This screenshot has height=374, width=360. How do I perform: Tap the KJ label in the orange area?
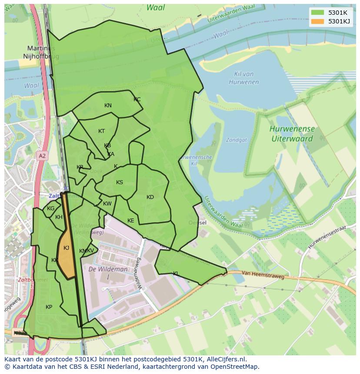67,248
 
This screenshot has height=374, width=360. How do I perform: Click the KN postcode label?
108,106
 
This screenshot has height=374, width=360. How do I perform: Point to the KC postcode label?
137,99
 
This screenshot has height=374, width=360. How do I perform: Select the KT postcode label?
102,131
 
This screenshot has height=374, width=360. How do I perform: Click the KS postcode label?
120,182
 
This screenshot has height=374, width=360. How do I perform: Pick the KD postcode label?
150,197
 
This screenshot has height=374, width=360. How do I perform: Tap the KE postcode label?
131,221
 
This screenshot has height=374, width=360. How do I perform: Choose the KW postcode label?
107,204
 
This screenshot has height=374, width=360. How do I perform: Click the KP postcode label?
49,307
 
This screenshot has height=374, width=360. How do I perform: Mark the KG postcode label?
51,209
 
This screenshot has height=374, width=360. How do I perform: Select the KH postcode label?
59,217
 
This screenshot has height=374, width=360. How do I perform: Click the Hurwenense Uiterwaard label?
292,134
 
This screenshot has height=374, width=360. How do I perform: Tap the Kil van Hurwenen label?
243,78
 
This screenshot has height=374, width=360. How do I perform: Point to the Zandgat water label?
236,140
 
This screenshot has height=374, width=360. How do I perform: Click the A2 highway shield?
42,156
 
